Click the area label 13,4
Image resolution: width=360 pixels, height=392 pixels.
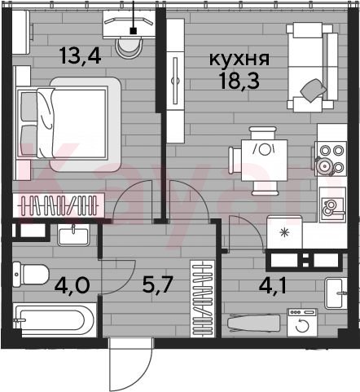(x=81, y=56)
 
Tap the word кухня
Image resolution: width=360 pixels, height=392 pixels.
(x=239, y=59)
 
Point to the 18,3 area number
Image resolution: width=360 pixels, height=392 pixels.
(x=239, y=81)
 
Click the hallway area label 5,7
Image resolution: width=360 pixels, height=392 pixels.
(x=158, y=285)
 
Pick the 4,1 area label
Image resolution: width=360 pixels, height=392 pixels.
(x=273, y=286)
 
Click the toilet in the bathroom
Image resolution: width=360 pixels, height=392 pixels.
(x=31, y=275)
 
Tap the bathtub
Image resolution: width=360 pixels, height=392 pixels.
(x=55, y=319)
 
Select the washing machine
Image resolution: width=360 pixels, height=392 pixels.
(x=302, y=323)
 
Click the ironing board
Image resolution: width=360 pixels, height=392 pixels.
(x=253, y=323)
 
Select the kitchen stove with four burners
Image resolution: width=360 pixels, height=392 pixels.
(x=331, y=159)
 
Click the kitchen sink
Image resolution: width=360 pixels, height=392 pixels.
(x=332, y=205)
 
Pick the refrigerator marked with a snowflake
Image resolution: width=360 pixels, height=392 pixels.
(x=284, y=232)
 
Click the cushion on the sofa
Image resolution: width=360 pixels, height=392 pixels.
(x=313, y=90)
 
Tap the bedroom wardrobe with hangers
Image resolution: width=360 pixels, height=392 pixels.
(x=59, y=205)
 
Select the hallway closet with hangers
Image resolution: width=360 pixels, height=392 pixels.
(x=203, y=298)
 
